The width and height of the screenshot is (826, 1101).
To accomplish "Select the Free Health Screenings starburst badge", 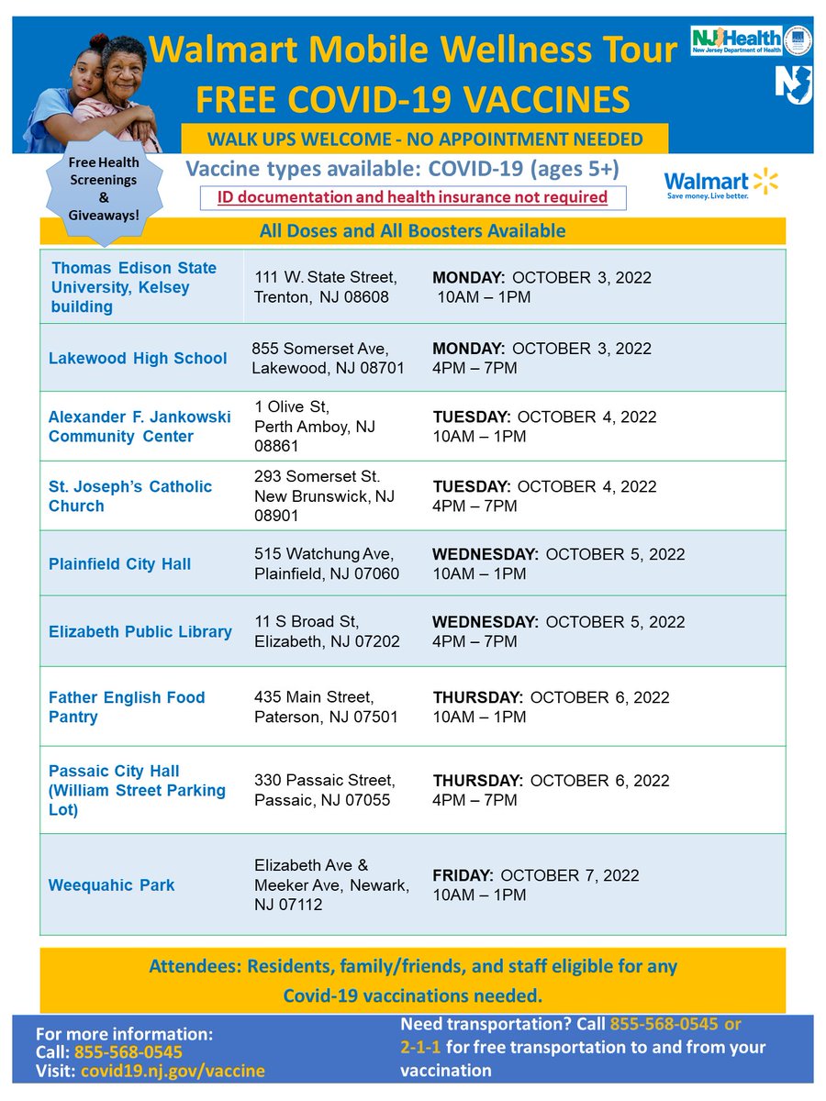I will pos(103,188).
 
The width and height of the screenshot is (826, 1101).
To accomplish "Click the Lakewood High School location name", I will pos(138,358).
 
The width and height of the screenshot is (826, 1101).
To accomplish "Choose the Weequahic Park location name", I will pos(111,885).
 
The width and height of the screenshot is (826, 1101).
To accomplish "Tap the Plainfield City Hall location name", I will pos(119,563).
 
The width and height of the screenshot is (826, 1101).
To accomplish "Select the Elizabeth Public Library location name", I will pos(140,631).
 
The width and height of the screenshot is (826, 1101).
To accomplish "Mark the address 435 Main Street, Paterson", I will pos(326,706).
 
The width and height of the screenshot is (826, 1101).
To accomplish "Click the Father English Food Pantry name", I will pos(127,706).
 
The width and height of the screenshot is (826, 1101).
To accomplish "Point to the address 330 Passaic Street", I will pos(325,790).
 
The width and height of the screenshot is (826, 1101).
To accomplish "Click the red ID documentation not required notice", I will pos(412,197).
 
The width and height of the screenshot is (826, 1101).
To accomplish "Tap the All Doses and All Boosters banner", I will pos(412,231).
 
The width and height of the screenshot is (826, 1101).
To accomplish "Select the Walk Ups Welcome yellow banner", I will pos(424,139).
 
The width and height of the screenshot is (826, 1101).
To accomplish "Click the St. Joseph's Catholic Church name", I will pos(130,495).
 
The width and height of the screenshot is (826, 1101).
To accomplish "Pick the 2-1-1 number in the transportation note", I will pos(423,1047).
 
